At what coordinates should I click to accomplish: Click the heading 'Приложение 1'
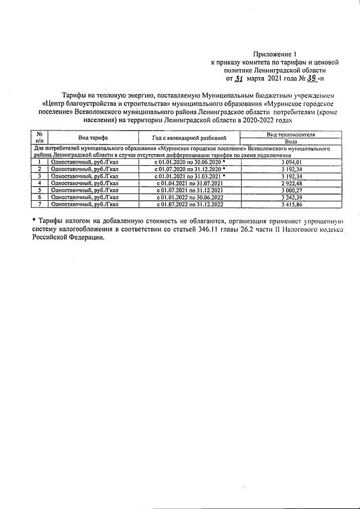(282, 54)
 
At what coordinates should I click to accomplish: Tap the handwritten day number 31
(239, 79)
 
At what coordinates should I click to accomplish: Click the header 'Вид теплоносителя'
(290, 135)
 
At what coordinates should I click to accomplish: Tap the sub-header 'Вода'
(290, 142)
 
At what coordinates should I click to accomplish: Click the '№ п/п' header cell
(40, 138)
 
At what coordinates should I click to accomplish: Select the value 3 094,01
(290, 162)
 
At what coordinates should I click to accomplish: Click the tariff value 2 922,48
(290, 183)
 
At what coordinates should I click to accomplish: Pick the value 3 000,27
(290, 190)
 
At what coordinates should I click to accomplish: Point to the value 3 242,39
(290, 197)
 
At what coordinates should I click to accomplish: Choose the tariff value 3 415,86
(290, 204)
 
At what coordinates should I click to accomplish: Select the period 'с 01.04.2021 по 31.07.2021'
(188, 183)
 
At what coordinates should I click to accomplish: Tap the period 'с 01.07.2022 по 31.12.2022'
(188, 204)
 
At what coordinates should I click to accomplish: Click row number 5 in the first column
(40, 190)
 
